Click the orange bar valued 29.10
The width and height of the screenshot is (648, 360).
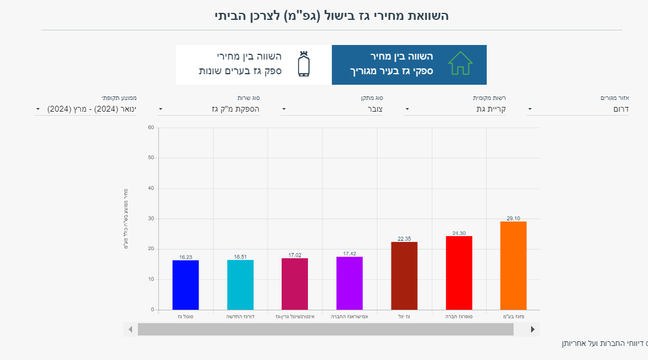[x=513, y=265]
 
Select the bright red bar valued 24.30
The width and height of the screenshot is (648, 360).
[x=459, y=272]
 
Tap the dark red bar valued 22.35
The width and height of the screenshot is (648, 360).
[x=404, y=275]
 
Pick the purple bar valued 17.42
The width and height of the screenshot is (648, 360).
[x=349, y=283]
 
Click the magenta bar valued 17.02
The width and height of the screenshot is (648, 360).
[x=294, y=283]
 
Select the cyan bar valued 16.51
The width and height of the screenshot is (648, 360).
[x=240, y=285]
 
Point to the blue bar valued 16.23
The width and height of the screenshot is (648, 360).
[x=185, y=285]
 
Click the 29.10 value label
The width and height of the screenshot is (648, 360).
[x=513, y=219]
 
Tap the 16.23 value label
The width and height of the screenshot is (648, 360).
[x=185, y=257]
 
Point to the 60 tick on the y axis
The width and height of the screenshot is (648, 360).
[x=151, y=127]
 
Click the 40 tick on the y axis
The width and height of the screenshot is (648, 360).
[x=151, y=188]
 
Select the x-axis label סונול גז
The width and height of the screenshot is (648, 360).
[x=185, y=316]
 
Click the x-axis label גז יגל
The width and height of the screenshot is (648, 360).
[x=404, y=316]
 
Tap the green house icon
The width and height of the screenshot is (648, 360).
[x=460, y=63]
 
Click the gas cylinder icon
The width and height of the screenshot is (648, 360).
[x=303, y=64]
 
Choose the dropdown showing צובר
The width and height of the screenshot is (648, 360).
[x=331, y=109]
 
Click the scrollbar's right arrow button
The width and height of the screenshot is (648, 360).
[x=532, y=330]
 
